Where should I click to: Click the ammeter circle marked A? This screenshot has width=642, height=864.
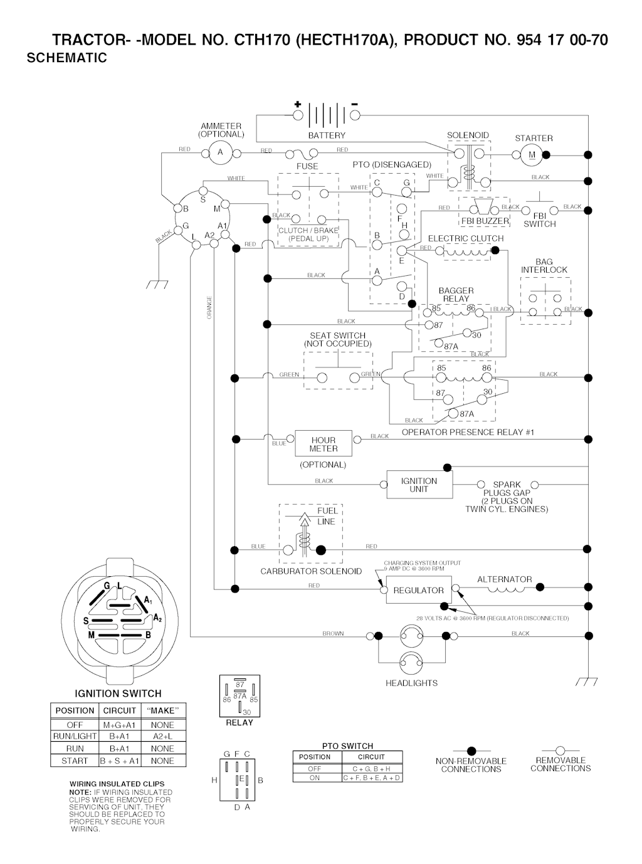[x=219, y=152]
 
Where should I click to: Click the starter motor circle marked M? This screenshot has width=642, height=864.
[x=532, y=154]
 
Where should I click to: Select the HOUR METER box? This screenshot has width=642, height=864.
[x=323, y=444]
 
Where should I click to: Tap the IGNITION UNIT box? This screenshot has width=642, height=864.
[x=419, y=485]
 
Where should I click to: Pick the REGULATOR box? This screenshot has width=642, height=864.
[x=418, y=590]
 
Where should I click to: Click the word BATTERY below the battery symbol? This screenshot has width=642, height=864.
[x=327, y=135]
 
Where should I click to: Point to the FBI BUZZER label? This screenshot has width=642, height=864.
[x=485, y=221]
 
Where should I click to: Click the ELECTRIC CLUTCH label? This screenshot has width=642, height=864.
[x=465, y=238]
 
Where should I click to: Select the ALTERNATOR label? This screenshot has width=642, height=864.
[x=504, y=579]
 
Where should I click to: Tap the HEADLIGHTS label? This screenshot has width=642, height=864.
[x=411, y=683]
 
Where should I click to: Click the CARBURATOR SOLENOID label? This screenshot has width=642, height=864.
[x=311, y=571]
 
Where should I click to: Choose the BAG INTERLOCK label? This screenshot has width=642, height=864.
[x=544, y=266]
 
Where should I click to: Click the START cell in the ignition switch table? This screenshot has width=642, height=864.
[x=75, y=761]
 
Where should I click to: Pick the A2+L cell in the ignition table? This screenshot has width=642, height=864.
[x=162, y=736]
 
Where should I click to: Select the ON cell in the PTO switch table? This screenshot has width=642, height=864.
[x=315, y=777]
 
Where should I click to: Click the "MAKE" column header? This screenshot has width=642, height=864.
[x=162, y=710]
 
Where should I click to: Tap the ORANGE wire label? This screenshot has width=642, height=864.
[x=209, y=307]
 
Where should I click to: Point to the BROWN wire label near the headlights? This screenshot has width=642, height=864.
[x=333, y=634]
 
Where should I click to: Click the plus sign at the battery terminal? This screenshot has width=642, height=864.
[x=297, y=104]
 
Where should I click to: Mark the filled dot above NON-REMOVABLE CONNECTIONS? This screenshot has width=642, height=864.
[x=471, y=751]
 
